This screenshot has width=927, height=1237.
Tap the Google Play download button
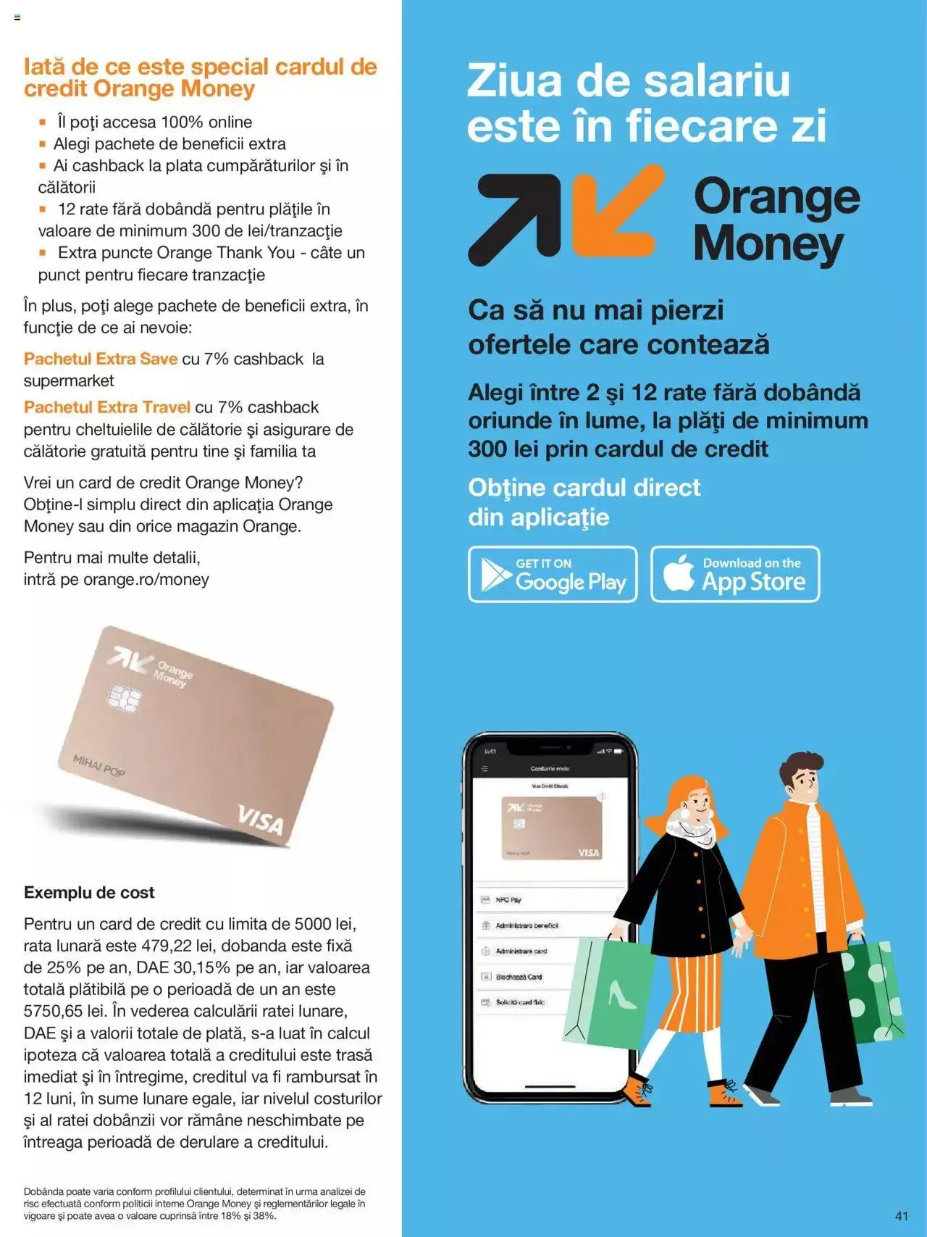tap(553, 574)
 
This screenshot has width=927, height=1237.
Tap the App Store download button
tap(735, 574)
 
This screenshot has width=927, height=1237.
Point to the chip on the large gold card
tap(124, 697)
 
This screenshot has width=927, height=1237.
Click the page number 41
tap(901, 1215)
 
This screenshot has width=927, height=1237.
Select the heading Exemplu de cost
tap(89, 892)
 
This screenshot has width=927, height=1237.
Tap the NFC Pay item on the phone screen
tap(508, 900)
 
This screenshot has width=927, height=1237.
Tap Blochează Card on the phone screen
tap(519, 977)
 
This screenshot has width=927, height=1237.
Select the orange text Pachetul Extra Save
tap(101, 359)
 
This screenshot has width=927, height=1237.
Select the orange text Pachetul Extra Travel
tap(107, 407)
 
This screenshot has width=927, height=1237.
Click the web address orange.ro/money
tap(146, 579)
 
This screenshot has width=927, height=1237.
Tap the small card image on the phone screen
tap(552, 828)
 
